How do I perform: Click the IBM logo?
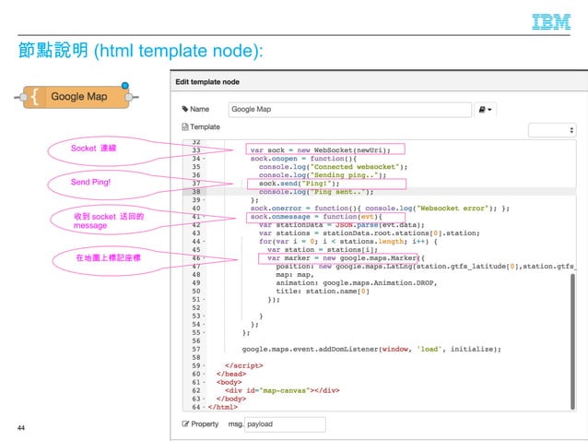tap(551, 22)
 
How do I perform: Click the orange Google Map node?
tap(78, 96)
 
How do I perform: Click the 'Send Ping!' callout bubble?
tap(91, 183)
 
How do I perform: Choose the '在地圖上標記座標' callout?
tap(108, 259)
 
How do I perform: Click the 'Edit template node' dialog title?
tap(220, 81)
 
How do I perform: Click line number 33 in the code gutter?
tap(195, 149)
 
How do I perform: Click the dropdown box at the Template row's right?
tap(551, 130)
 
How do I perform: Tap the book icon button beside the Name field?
tap(485, 109)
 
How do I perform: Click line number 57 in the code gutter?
tap(195, 350)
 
